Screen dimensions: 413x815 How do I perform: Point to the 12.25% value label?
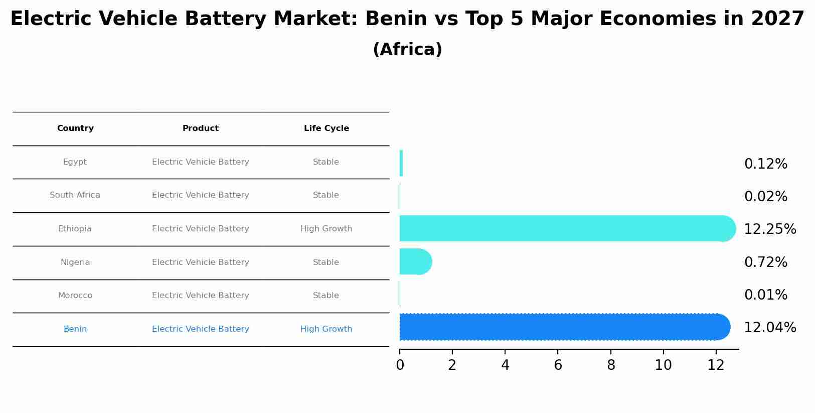click(x=769, y=229)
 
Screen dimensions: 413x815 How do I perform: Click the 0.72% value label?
click(x=765, y=262)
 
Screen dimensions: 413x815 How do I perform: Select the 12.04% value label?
click(x=769, y=328)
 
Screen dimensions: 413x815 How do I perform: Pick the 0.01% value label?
click(x=765, y=295)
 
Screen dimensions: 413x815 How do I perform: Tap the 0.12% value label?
click(x=765, y=164)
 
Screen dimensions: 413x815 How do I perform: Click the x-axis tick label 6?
click(x=558, y=365)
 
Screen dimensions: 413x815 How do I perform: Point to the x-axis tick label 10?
click(x=663, y=365)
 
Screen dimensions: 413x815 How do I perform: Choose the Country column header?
click(x=75, y=128)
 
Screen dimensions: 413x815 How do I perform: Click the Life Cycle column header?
click(x=326, y=128)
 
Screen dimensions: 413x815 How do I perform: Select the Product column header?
click(x=201, y=128)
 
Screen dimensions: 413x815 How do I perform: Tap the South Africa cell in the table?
click(x=75, y=195)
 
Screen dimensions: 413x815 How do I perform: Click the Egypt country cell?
click(x=75, y=162)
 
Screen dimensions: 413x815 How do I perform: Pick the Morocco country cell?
click(x=75, y=296)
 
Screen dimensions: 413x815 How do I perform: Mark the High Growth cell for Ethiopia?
click(x=326, y=229)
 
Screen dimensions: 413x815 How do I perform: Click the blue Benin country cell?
click(x=75, y=329)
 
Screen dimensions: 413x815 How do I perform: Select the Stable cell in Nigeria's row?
click(x=326, y=262)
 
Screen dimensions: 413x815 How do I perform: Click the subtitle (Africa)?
click(x=407, y=50)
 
